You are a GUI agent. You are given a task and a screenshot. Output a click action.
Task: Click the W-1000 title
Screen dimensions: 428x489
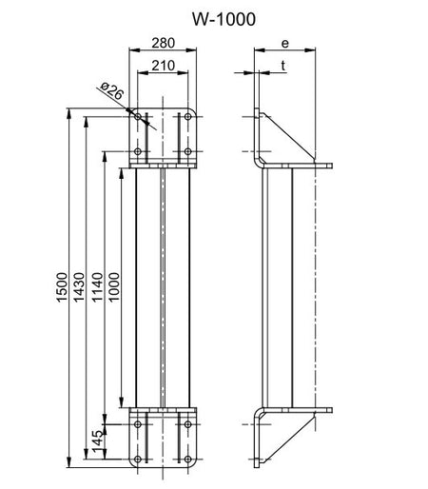(x=224, y=19)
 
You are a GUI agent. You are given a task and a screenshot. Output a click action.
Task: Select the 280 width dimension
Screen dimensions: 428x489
(x=163, y=43)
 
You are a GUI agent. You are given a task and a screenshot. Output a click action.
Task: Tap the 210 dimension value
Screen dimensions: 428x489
(x=163, y=66)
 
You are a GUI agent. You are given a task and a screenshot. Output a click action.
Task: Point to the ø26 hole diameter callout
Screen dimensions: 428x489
(x=111, y=91)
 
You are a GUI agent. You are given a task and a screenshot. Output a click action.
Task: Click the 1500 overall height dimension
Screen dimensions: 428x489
(x=62, y=287)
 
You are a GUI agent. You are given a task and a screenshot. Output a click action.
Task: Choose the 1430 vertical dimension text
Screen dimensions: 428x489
(x=79, y=287)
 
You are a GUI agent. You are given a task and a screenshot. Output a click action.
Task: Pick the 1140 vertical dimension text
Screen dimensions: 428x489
(x=97, y=287)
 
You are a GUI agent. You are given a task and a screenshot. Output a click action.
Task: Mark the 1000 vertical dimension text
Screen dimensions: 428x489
(x=114, y=287)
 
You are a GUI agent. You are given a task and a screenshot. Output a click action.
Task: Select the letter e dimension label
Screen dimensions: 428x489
(x=285, y=44)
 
